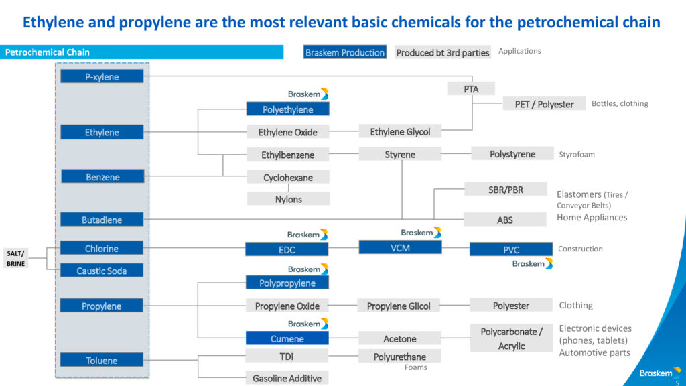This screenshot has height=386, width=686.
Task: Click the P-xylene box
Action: coord(102,76)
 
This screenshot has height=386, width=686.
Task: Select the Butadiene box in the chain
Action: coord(102,220)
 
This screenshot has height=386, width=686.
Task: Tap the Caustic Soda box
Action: coord(102,271)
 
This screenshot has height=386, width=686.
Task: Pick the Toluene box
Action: coord(102,360)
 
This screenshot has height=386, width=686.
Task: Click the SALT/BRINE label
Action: coord(16,258)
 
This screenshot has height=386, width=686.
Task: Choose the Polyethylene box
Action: coord(288,109)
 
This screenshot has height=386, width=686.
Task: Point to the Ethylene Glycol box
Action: coord(400,131)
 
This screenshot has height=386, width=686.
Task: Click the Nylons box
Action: coord(288,199)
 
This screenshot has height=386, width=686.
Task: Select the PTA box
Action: coord(471,89)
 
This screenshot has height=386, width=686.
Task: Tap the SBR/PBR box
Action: coord(506,190)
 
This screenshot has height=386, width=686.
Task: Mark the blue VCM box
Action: coord(400,247)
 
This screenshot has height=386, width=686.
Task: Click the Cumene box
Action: coord(287,338)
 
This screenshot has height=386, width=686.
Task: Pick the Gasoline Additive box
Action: coord(287,378)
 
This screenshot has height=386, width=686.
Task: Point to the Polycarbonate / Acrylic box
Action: coord(511,338)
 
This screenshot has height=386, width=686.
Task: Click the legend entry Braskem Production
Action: coord(345,52)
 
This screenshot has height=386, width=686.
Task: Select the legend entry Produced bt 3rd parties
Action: coord(442,52)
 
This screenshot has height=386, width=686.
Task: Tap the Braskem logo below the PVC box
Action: coord(533,263)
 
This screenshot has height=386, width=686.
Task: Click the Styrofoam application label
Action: coord(577,155)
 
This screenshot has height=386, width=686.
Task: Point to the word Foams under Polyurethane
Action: coord(415,367)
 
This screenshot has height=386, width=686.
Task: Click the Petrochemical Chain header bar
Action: coord(142,52)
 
